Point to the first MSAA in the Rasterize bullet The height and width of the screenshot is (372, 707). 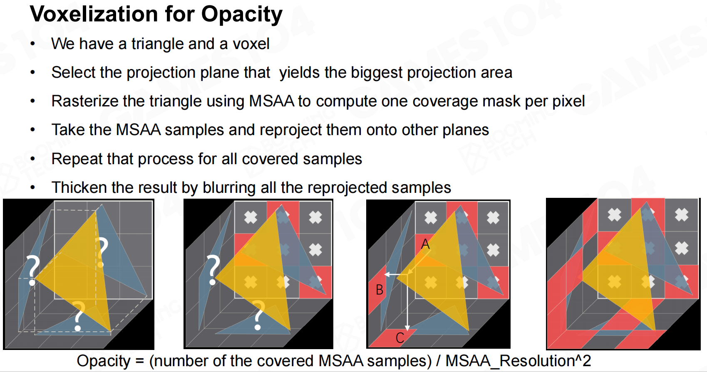pos(272,101)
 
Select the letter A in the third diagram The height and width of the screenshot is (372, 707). pos(425,244)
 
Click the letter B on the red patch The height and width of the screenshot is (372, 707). pos(380,289)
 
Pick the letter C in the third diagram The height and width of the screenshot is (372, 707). pos(400,338)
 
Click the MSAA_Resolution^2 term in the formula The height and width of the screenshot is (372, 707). pos(518,361)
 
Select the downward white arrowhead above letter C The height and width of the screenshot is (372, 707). pos(407,328)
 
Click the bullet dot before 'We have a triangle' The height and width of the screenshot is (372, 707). pos(33,44)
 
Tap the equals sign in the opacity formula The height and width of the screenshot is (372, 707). pos(139,361)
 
